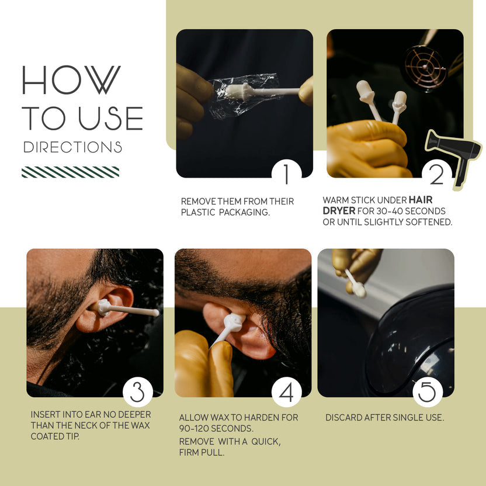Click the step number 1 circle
pyautogui.click(x=286, y=174)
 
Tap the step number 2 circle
pyautogui.click(x=437, y=174)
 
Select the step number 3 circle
pyautogui.click(x=138, y=392)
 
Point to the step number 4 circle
pyautogui.click(x=286, y=392)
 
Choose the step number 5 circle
pyautogui.click(x=428, y=392)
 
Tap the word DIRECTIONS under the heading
pyautogui.click(x=72, y=147)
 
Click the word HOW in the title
pyautogui.click(x=71, y=79)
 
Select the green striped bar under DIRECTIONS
pyautogui.click(x=70, y=172)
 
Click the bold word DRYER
pyautogui.click(x=339, y=211)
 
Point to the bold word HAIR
pyautogui.click(x=421, y=200)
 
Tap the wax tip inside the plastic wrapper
pyautogui.click(x=241, y=91)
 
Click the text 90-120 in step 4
pyautogui.click(x=190, y=428)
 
